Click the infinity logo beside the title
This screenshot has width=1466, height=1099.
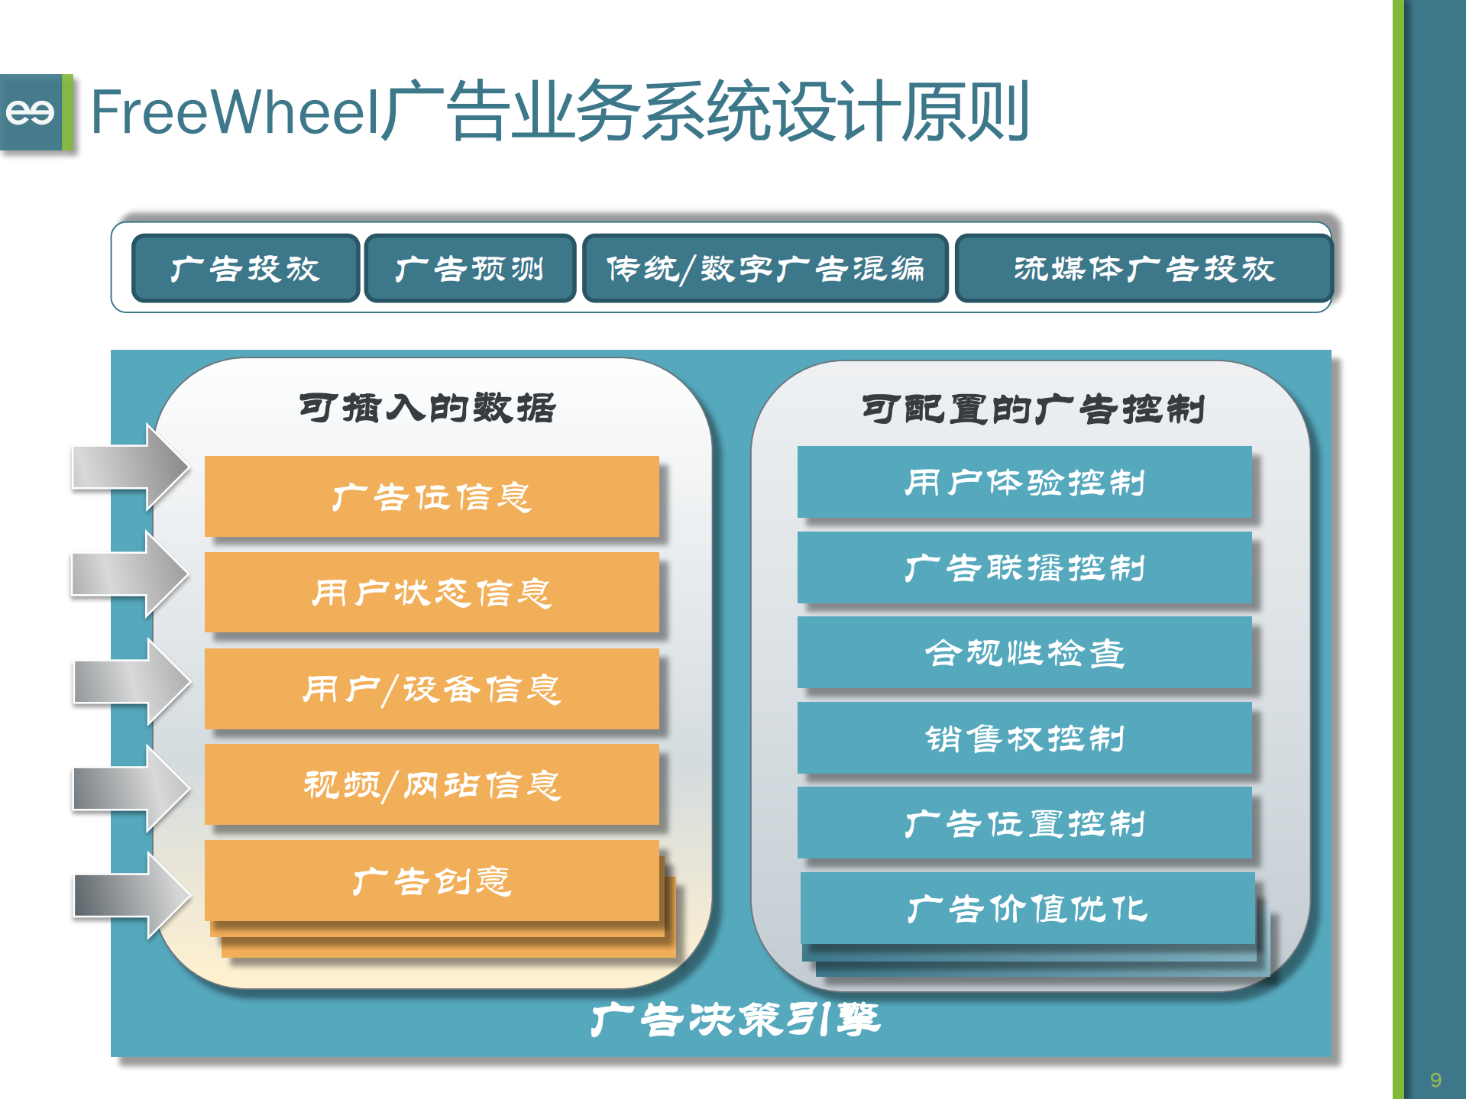(31, 112)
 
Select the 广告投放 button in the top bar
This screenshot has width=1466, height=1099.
(245, 268)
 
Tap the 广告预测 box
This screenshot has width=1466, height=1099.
(470, 268)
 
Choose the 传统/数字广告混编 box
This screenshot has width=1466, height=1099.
(765, 268)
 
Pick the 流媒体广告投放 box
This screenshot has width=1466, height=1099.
(1144, 268)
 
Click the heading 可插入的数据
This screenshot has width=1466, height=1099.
(428, 408)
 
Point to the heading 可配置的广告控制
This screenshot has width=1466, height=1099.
(1033, 409)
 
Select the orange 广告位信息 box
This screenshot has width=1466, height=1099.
(432, 496)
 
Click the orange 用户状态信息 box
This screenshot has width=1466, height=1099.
(432, 592)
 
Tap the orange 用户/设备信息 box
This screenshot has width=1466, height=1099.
(432, 688)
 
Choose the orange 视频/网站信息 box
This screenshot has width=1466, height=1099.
(432, 784)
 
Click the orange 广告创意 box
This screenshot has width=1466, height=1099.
(432, 881)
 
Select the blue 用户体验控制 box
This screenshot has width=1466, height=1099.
(1024, 482)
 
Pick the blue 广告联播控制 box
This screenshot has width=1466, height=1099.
(1024, 567)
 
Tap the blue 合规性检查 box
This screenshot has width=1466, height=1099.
(1024, 653)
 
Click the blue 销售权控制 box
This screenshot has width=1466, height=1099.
(1024, 739)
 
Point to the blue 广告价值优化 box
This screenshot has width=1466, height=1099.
(1027, 909)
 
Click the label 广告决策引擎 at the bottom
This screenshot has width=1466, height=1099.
(736, 1020)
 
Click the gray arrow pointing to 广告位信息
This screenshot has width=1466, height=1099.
(130, 467)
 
